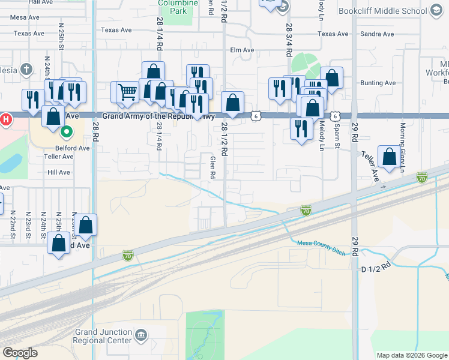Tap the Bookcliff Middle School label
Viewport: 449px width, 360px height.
390,11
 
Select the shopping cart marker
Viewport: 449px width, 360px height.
127,92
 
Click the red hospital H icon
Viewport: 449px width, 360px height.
5,119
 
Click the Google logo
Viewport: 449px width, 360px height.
20,353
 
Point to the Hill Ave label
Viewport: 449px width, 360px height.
59,172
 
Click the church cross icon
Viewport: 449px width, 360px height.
26,69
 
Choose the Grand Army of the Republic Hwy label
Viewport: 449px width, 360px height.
158,116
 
